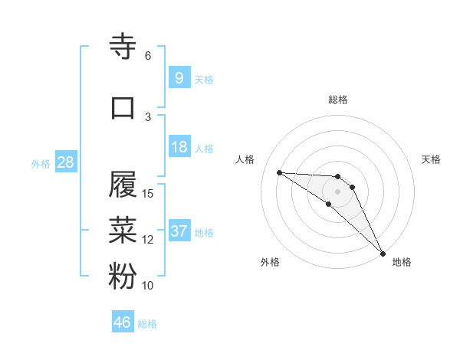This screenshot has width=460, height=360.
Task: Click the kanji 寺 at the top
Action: (123, 47)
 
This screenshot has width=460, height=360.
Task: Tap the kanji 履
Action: (123, 185)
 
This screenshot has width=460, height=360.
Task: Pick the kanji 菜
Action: (123, 231)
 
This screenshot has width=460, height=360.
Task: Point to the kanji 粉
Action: (123, 277)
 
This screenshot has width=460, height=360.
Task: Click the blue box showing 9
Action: (179, 77)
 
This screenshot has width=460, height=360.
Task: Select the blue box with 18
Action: (179, 147)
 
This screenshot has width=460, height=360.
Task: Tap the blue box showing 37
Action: (179, 231)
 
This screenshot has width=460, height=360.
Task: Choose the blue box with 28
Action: (64, 162)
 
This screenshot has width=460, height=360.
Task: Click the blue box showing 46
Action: (123, 322)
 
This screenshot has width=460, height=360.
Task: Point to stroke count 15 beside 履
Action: (148, 193)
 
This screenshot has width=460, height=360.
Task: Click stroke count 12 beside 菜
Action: (148, 240)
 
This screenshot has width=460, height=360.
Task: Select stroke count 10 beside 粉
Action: (148, 286)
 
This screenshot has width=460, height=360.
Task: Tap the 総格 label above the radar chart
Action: (337, 100)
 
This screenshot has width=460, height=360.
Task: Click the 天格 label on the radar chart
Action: (431, 159)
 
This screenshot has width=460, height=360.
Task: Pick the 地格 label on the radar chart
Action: (402, 262)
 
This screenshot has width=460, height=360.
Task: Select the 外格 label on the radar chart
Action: (270, 262)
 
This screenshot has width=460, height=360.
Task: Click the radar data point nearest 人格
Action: (279, 172)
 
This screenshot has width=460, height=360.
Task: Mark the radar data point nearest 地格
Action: (383, 253)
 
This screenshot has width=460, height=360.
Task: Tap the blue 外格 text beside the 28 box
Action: (40, 163)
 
